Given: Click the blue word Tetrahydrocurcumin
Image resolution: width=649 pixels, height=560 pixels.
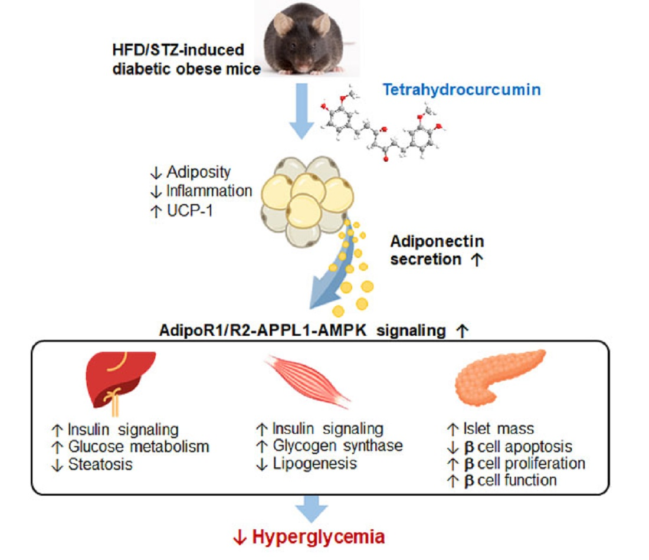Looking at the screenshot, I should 462,90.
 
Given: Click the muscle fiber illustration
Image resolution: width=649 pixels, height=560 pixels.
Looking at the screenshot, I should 307,381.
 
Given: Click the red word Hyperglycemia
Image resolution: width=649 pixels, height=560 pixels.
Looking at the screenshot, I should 319,536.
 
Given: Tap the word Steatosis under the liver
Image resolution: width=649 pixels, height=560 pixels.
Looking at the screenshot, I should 100,464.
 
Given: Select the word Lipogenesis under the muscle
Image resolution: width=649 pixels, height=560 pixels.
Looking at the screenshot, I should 315,463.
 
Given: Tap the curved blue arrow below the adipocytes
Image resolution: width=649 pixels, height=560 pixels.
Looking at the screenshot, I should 336,277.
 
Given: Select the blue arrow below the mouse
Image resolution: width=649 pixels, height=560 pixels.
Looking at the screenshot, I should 301,110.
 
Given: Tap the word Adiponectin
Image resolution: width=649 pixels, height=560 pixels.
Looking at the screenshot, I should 437,241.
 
